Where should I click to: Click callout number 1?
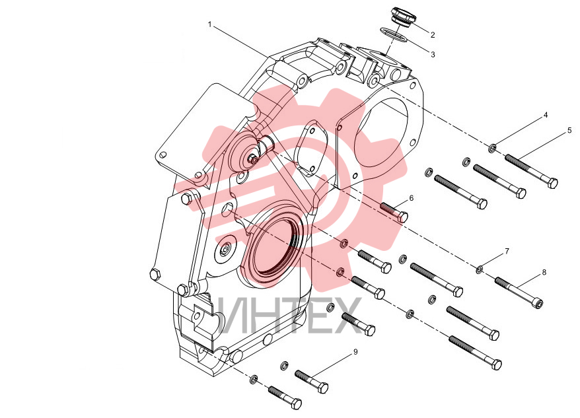[x=209, y=25]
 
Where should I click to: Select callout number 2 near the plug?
[x=433, y=35]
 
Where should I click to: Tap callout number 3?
[x=433, y=55]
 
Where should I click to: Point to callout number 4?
[x=545, y=116]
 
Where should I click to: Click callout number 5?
[x=569, y=130]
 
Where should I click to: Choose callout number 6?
[x=412, y=198]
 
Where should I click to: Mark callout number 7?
[x=507, y=252]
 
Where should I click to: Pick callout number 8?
[x=544, y=273]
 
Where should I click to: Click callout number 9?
[x=355, y=352]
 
